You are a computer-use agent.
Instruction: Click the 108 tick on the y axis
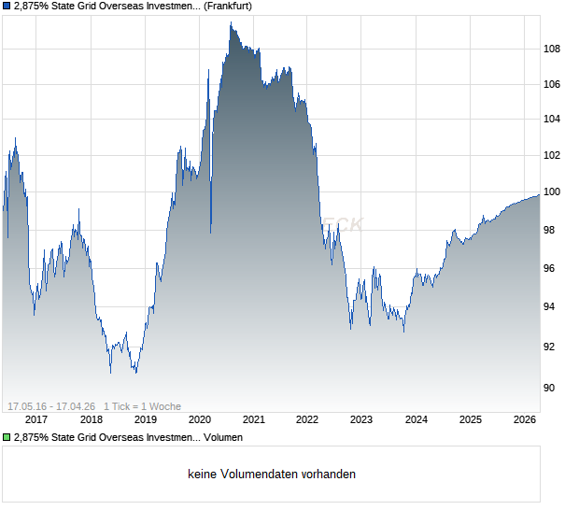tap(552, 50)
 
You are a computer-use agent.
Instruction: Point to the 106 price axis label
tap(552, 85)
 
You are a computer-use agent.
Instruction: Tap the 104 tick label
tap(552, 120)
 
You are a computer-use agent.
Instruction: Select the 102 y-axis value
tap(552, 155)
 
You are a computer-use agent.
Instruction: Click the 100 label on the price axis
tap(552, 191)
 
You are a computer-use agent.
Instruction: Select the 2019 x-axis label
tap(146, 419)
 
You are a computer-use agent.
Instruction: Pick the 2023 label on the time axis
tap(361, 419)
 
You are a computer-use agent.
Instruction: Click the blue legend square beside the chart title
tap(7, 6)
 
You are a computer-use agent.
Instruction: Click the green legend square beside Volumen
tap(7, 436)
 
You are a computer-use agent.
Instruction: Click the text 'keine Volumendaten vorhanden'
tap(272, 475)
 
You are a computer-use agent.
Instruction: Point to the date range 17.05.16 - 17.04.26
tap(52, 406)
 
